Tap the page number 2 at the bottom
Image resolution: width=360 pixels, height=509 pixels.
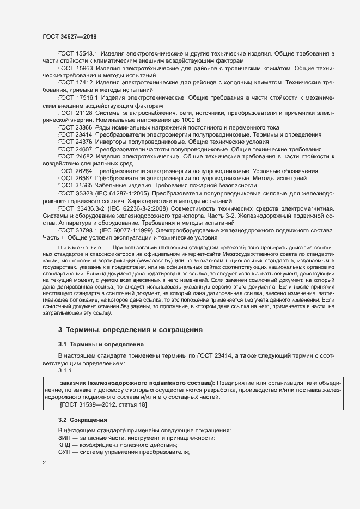click(44, 463)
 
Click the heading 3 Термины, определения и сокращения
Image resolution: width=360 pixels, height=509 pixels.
click(130, 330)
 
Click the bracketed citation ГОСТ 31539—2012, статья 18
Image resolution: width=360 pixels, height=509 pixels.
click(103, 404)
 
